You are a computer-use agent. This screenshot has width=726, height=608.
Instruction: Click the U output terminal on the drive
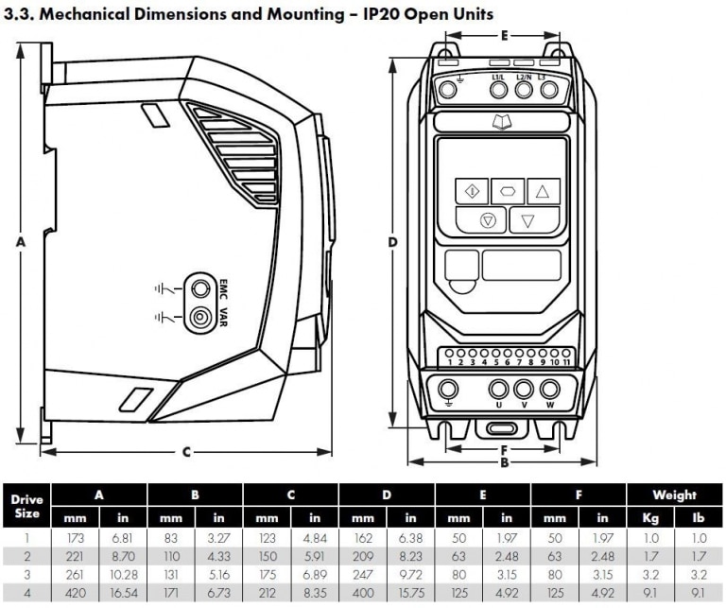(x=499, y=390)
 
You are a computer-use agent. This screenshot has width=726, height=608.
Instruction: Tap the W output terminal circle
(x=549, y=390)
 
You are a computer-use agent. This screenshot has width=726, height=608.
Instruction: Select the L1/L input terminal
(x=499, y=89)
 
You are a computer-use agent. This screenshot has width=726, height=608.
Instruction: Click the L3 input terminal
(x=547, y=89)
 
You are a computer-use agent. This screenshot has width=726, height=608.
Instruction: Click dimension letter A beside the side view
(x=20, y=242)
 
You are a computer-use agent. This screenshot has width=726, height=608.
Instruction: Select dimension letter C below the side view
(x=185, y=452)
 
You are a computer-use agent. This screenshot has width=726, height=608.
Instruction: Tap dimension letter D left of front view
(x=392, y=242)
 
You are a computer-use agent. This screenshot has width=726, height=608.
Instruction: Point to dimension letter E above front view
(x=505, y=36)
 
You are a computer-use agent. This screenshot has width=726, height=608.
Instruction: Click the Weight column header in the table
(x=675, y=495)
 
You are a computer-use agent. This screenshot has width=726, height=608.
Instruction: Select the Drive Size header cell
(x=27, y=505)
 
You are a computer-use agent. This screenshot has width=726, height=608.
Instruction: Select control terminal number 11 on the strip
(x=565, y=361)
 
